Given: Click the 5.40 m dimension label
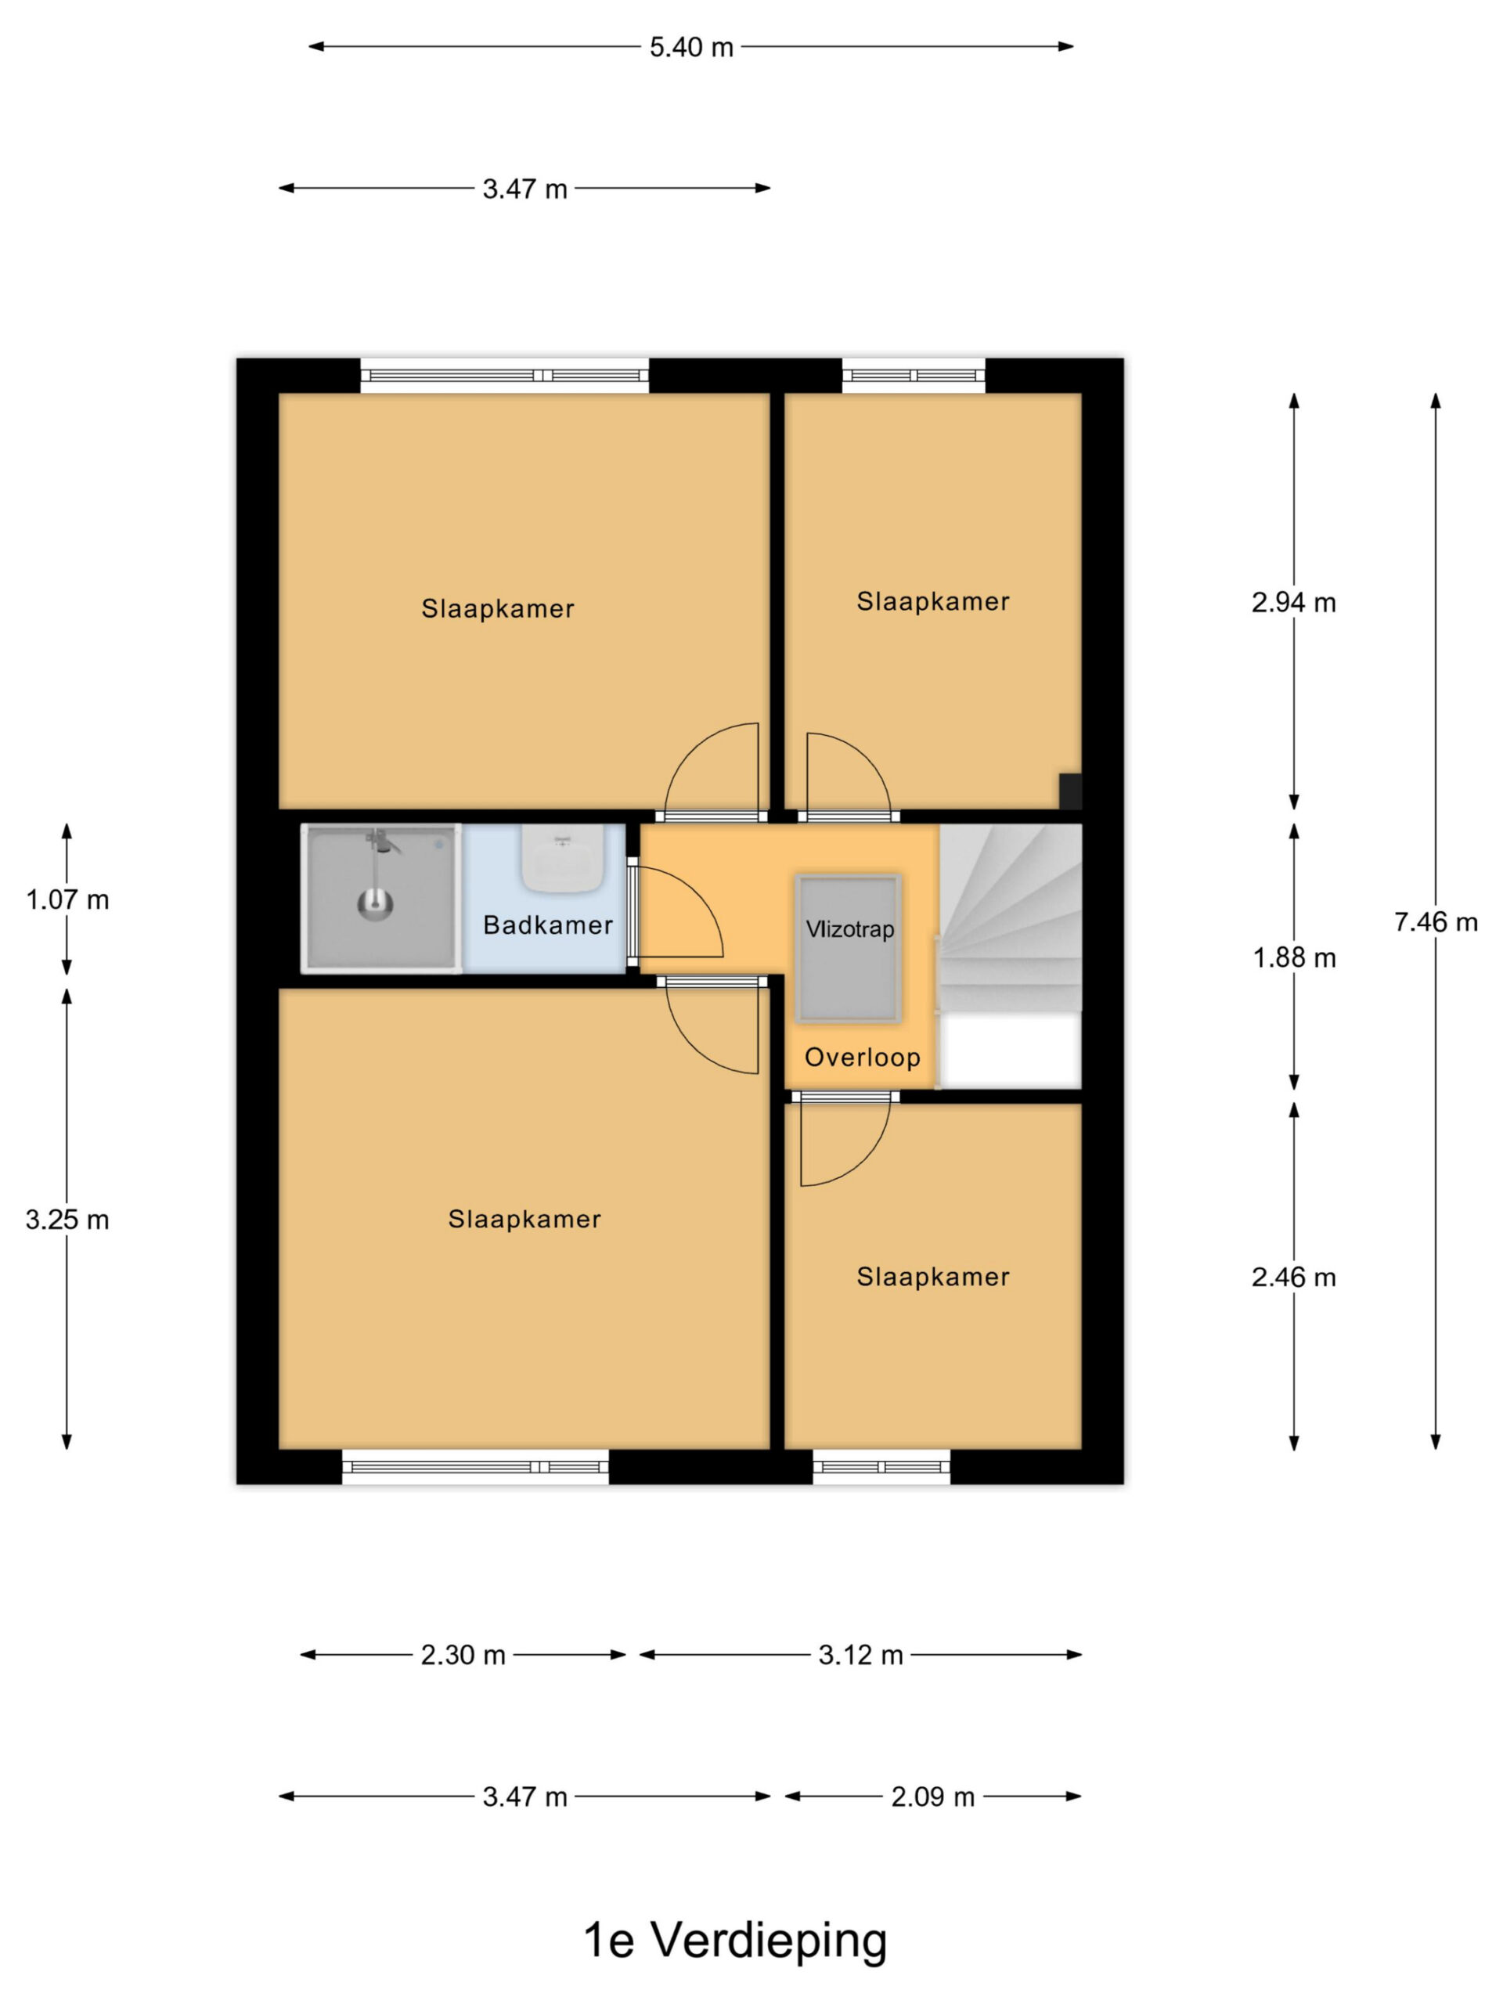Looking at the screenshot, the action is coord(691,47).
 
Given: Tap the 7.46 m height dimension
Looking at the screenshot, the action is coord(1435,922).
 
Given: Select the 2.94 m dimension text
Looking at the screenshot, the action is coord(1293,603).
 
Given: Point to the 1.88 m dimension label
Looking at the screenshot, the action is coord(1294,957).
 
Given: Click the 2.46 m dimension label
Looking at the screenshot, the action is coord(1293,1278).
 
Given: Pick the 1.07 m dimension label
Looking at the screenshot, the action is coord(67,899).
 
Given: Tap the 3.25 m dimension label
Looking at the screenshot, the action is coord(67,1220).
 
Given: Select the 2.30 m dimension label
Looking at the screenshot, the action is coord(463,1655).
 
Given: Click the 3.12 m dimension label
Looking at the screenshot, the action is coord(860,1655).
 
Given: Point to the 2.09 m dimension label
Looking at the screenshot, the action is coord(932,1797).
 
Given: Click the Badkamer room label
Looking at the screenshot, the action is coord(547,925).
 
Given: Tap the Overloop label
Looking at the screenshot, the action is coord(863,1058).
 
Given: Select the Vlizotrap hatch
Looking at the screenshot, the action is coord(848,949).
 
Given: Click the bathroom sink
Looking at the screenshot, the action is coord(563,858).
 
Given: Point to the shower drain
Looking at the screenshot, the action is coord(375,903).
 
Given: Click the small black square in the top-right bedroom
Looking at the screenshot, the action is coord(1070,791).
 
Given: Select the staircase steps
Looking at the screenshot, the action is coord(1010,917).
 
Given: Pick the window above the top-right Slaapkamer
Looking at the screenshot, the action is coord(914,375).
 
